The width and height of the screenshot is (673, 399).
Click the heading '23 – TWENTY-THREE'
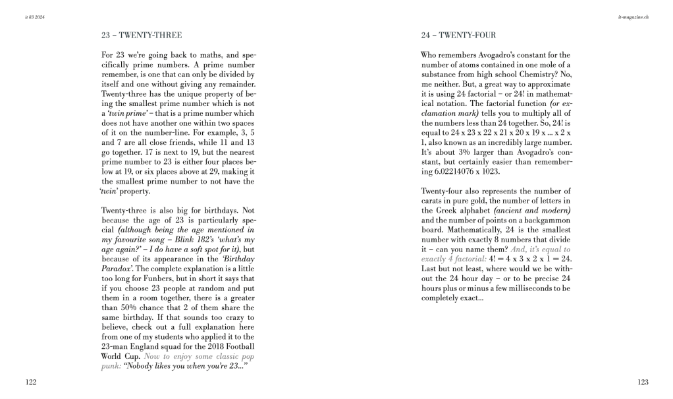141,35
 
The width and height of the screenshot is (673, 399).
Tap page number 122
31,383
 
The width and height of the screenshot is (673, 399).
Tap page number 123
643,383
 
